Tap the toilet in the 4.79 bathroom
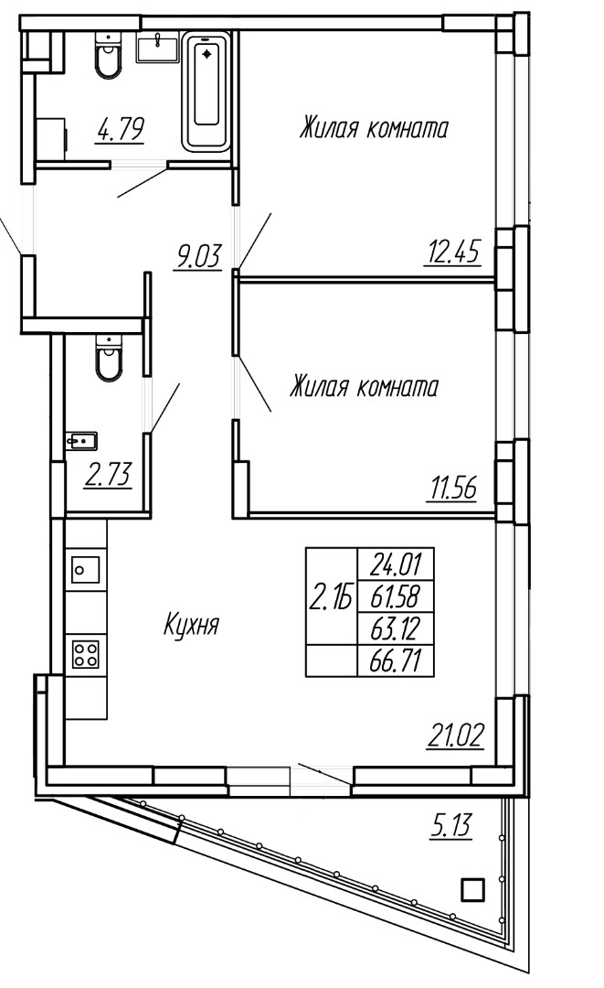pyautogui.click(x=108, y=57)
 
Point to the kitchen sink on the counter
pyautogui.click(x=84, y=570)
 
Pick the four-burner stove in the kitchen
pyautogui.click(x=85, y=654)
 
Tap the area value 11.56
pyautogui.click(x=452, y=489)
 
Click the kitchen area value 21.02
pyautogui.click(x=456, y=736)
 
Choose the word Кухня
pyautogui.click(x=191, y=627)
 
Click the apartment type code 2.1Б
pyautogui.click(x=330, y=596)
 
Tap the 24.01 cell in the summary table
pyautogui.click(x=395, y=564)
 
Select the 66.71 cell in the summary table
pyautogui.click(x=395, y=661)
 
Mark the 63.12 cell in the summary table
pyautogui.click(x=395, y=628)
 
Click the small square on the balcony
pyautogui.click(x=473, y=890)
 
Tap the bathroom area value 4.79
pyautogui.click(x=121, y=130)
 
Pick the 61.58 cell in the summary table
pyautogui.click(x=395, y=596)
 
